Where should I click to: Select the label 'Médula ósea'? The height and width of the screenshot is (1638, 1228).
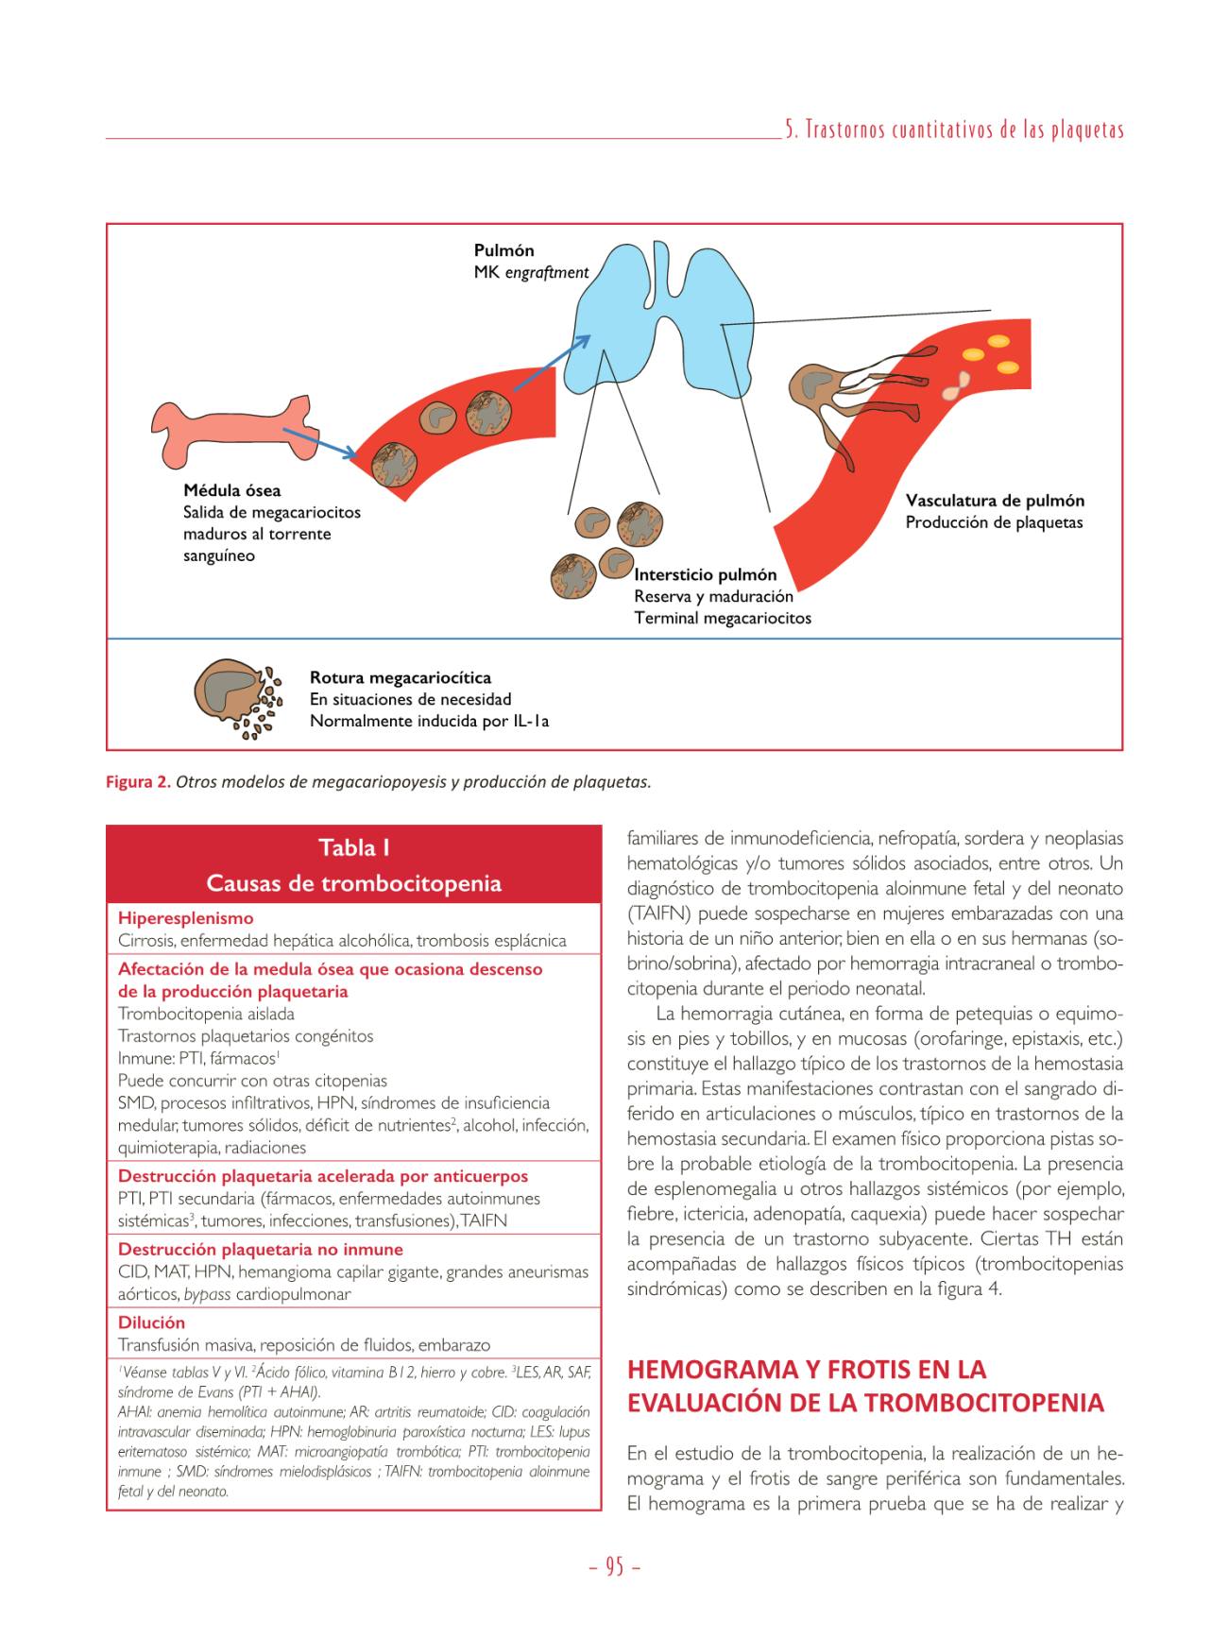click(x=231, y=490)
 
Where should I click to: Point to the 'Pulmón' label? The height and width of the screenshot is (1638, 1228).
click(x=503, y=250)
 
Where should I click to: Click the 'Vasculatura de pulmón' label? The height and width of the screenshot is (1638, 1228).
click(x=995, y=501)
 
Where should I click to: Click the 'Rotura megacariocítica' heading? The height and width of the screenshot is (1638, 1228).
click(x=400, y=677)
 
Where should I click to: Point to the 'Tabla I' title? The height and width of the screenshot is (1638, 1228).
click(x=353, y=847)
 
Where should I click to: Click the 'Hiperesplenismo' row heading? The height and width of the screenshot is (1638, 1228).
click(x=185, y=917)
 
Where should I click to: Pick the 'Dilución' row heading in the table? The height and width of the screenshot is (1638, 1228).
click(x=151, y=1322)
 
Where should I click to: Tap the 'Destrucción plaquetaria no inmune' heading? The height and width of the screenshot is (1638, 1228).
click(x=260, y=1249)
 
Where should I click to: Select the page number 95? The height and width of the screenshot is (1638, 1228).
click(x=614, y=1567)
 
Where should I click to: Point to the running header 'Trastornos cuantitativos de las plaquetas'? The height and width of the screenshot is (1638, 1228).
click(x=954, y=130)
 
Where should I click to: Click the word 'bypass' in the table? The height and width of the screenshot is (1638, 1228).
click(x=208, y=1294)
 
